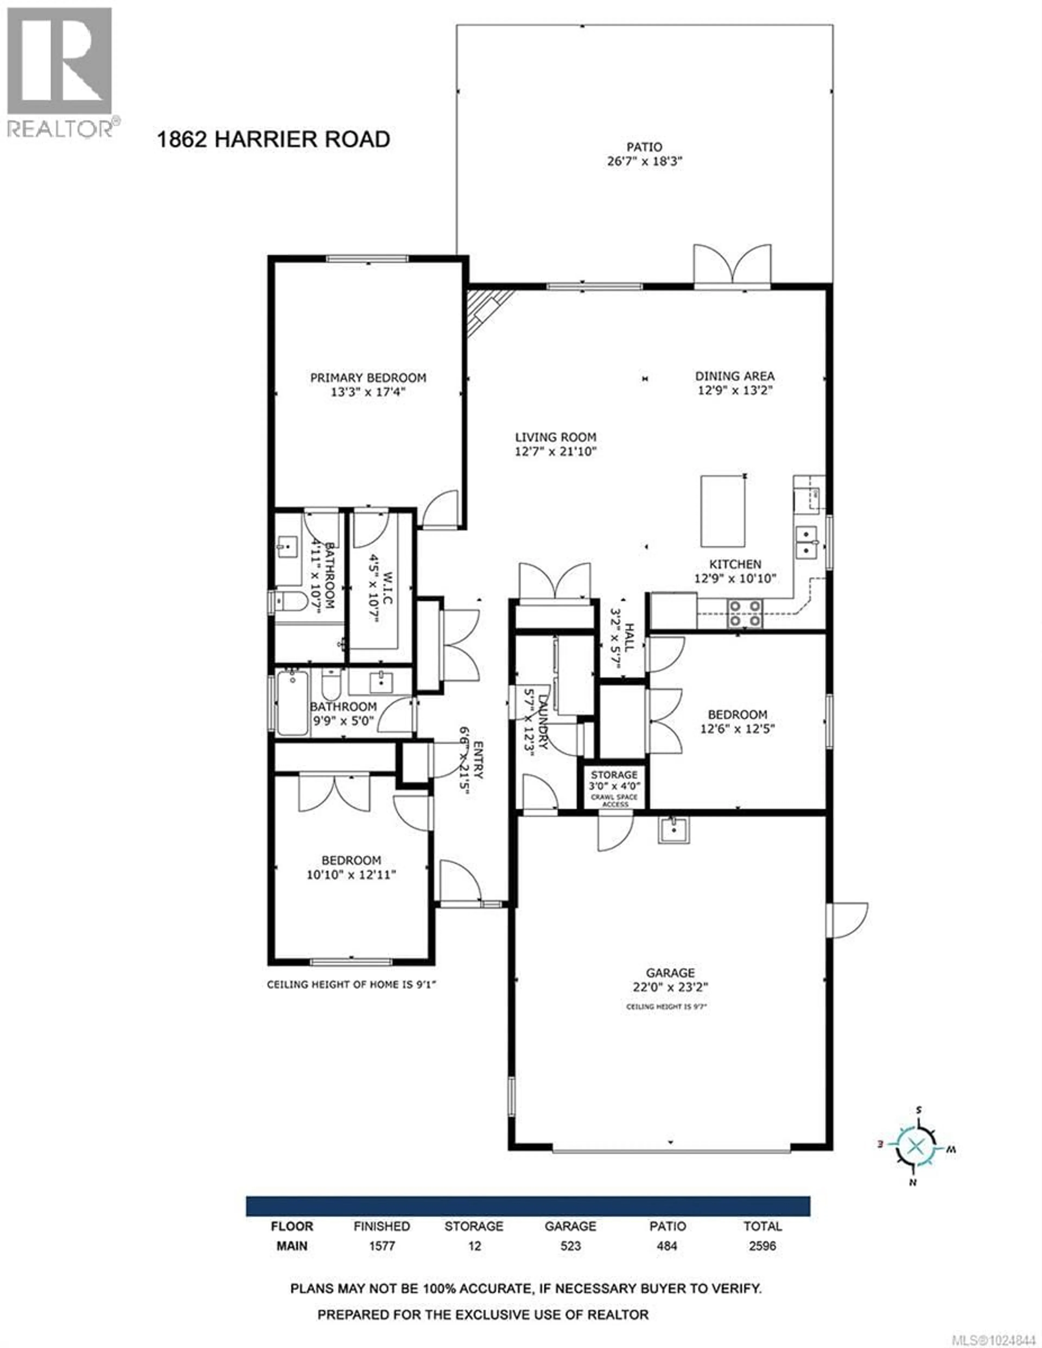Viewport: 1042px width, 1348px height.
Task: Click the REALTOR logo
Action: (60, 71)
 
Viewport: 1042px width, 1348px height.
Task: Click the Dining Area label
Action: (734, 376)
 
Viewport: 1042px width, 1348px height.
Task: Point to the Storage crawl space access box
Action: (614, 787)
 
